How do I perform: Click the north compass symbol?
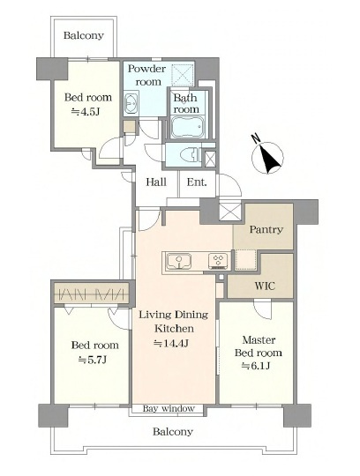(267, 157)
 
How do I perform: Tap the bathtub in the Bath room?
(186, 128)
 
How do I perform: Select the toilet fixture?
(190, 155)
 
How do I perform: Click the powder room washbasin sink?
(131, 103)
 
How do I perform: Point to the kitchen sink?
(178, 261)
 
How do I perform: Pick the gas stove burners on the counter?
(218, 261)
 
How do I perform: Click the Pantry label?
(266, 229)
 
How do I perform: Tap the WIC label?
(265, 286)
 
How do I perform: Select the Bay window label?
(169, 409)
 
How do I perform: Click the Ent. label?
(197, 182)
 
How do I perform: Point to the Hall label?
(156, 182)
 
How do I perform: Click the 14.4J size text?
(172, 343)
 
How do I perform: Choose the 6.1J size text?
(256, 366)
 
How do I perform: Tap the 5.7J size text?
(92, 360)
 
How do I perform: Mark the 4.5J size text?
(86, 112)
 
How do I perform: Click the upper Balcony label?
(84, 35)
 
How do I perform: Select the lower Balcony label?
(173, 431)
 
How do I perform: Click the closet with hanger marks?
(93, 294)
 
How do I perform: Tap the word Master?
(259, 339)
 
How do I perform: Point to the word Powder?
(146, 69)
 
